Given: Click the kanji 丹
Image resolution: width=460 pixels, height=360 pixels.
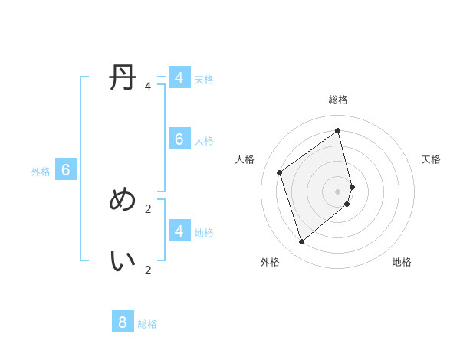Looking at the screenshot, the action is point(123,78).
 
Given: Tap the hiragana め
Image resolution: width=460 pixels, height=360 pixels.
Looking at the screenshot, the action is point(123,200).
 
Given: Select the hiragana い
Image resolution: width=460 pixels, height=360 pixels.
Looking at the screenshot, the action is point(123,261).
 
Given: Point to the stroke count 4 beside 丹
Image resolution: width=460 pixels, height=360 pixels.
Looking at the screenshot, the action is point(148,87).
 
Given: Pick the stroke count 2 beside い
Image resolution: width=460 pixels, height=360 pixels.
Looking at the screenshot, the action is point(148,270).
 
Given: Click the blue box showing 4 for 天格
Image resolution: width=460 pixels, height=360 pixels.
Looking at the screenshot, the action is point(179,78).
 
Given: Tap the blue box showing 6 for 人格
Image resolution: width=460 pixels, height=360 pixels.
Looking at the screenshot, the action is point(179,139).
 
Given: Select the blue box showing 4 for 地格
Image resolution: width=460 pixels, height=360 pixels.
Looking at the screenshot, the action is point(179,230).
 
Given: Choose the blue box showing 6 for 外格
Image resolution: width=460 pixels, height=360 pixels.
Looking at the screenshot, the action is point(66,170).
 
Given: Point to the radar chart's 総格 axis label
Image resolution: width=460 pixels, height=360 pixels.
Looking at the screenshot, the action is point(338,100).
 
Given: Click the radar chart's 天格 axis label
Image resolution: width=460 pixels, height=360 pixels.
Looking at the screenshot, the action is point(431,159).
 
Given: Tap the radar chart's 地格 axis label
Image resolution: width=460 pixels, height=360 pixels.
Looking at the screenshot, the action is point(402,262).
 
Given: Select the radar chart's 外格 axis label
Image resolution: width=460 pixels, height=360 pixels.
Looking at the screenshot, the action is point(270,262).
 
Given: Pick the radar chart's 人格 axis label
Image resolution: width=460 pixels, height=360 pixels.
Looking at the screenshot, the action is point(245,159).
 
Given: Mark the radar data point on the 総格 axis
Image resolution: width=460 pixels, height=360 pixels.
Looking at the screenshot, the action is point(338,130).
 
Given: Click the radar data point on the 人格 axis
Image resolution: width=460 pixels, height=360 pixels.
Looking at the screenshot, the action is point(280,172).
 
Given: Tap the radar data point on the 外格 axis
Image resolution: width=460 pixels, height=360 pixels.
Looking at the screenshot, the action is point(302,242).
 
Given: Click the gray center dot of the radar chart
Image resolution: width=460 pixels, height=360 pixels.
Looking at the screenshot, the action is point(338,191).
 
